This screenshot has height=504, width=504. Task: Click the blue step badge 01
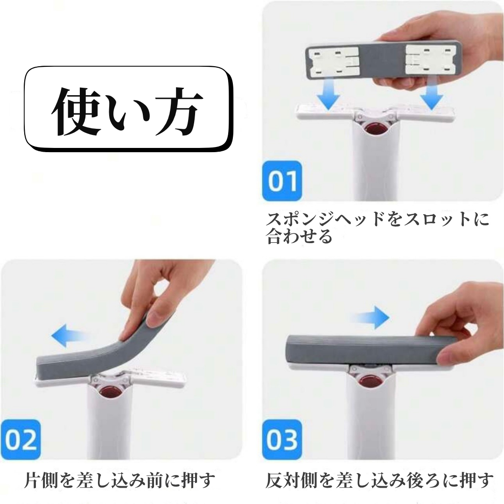(x=282, y=181)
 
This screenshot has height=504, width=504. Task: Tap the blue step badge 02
(x=21, y=440)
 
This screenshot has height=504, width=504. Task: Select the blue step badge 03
(x=282, y=440)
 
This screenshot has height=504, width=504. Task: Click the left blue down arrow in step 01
(x=328, y=96)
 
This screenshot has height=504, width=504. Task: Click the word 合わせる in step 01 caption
(x=299, y=236)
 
